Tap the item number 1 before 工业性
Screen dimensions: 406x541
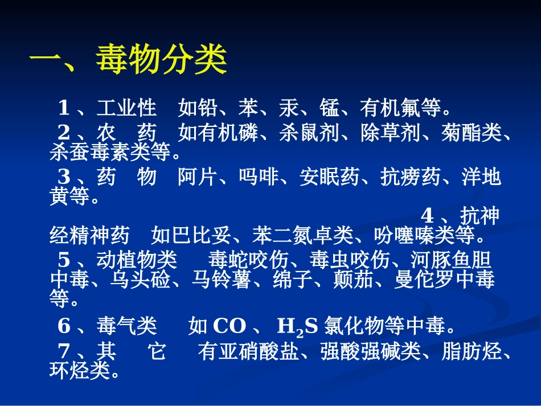pyautogui.click(x=64, y=107)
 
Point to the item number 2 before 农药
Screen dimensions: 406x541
pyautogui.click(x=64, y=133)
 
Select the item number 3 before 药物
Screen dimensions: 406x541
pyautogui.click(x=64, y=178)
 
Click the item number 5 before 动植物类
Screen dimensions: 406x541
pyautogui.click(x=64, y=260)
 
